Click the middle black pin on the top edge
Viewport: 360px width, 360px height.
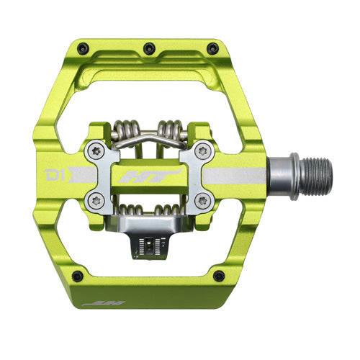(x=149, y=48)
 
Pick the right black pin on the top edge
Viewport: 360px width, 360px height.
(x=212, y=49)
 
